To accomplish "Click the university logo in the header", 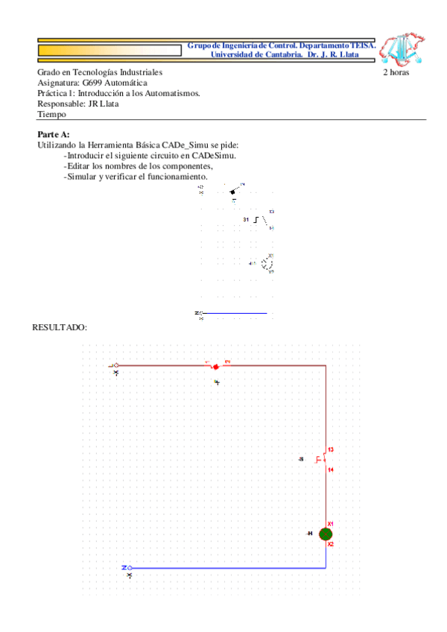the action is pos(403,48).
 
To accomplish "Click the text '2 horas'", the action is pos(396,72).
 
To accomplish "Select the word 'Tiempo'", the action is pos(51,114).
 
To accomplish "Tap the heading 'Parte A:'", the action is pos(54,133).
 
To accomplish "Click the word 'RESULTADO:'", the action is pos(60,327).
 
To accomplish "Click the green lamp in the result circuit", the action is pos(326,534).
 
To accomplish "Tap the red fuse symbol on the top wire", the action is pos(215,366).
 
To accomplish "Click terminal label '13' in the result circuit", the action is pos(331,449).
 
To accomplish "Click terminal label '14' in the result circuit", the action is pos(331,470).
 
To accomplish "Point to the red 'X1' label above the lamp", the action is pos(331,523).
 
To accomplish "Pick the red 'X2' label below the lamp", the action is pos(331,545).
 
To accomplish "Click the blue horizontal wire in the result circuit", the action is pos(223,568).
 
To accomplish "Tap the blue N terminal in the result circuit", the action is pos(128,568).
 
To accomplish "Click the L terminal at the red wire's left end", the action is pos(115,366).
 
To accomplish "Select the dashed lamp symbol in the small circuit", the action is pos(267,262).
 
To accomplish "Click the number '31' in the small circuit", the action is pos(247,221).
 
